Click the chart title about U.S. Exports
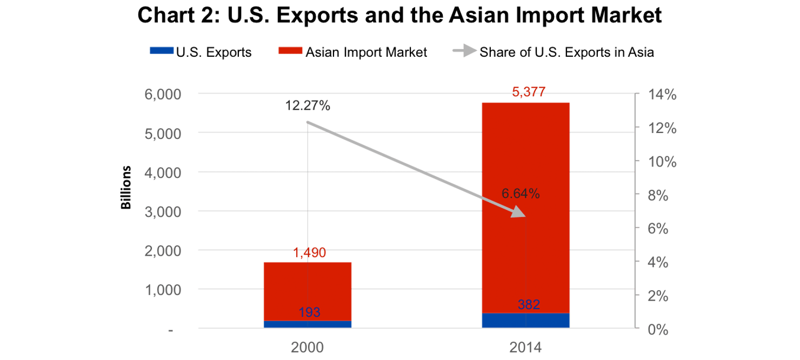coord(399,16)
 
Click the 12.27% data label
coord(308,106)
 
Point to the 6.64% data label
coord(521,194)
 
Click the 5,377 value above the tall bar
coord(527,94)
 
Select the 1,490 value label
coord(309,253)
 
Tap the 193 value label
coord(309,312)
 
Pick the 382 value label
coord(529,304)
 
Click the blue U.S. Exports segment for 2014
coord(525,321)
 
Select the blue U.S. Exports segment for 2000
coord(308,324)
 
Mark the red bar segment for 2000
coord(308,291)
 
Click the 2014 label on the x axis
coord(525,346)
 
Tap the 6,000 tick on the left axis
coord(162,94)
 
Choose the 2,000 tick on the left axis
coord(162,251)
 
